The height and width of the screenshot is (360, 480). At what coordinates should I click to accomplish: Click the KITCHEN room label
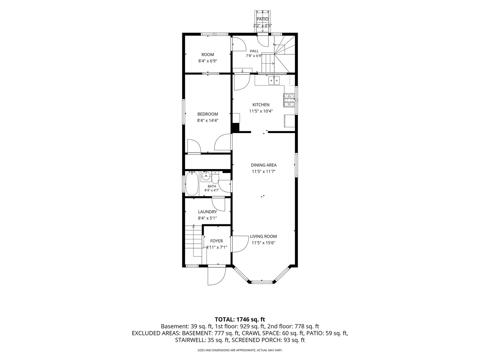pos(261,105)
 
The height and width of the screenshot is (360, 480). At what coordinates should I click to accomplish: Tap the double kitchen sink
pos(274,81)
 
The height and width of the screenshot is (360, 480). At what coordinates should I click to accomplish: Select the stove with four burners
pos(289,100)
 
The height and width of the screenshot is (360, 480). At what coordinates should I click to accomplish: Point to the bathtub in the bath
pos(192,184)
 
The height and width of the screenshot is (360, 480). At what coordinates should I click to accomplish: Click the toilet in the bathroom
pos(215,177)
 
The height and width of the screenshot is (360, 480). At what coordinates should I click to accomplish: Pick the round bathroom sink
pos(206,176)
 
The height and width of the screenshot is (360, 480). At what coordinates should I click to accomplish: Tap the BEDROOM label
pos(208,114)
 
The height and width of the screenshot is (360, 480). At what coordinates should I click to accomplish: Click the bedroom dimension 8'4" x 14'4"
pos(208,120)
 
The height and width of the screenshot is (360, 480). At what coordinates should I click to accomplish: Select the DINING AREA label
pos(264,165)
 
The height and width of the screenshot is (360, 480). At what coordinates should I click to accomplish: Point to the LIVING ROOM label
pos(263,236)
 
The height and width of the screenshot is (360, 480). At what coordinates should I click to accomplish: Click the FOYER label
pos(216,241)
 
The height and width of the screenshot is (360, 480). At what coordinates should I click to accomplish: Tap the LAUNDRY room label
pos(207,212)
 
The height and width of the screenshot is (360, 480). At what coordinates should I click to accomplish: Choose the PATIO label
pos(262,19)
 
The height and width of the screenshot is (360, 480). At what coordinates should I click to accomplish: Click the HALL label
pos(254,51)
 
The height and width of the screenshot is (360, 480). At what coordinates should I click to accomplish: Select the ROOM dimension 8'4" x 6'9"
pos(208,61)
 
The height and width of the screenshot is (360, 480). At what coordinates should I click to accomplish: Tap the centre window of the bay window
pos(262,282)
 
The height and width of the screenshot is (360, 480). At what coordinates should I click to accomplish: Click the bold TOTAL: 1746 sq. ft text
pos(240,320)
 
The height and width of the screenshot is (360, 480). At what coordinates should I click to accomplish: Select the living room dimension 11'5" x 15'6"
pos(263,243)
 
